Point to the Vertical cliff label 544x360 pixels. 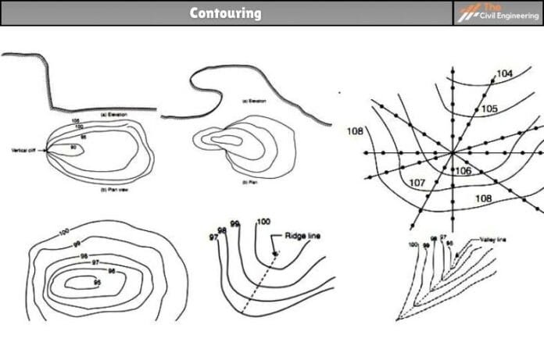(27, 150)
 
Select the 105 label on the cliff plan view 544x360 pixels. (75, 121)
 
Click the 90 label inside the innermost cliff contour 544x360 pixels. (73, 147)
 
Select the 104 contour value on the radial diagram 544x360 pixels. (504, 73)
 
